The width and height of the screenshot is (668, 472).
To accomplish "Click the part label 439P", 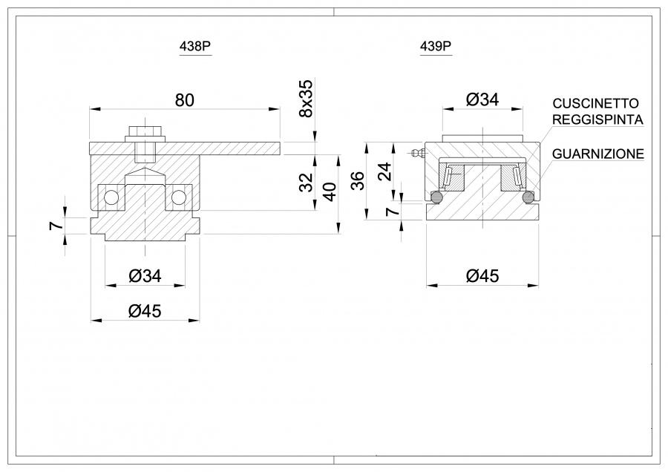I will [x=436, y=46].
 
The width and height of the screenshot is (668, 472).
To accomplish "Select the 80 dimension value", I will [x=184, y=99].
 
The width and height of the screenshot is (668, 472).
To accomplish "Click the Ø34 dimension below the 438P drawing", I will [x=145, y=276].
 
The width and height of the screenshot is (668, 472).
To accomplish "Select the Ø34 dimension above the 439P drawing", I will [x=482, y=99].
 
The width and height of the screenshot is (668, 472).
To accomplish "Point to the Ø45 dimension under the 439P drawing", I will [x=482, y=276].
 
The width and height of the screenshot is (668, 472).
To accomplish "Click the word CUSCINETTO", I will [x=595, y=103].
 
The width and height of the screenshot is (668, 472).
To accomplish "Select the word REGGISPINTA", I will [x=597, y=119].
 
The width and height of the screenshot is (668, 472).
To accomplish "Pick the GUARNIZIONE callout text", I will [x=597, y=154].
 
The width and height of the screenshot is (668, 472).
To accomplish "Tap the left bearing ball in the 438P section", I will [x=111, y=197].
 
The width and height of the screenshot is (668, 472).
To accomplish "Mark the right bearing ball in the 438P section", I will [x=178, y=197].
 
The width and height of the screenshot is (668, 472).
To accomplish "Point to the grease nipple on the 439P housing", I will [x=415, y=153].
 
